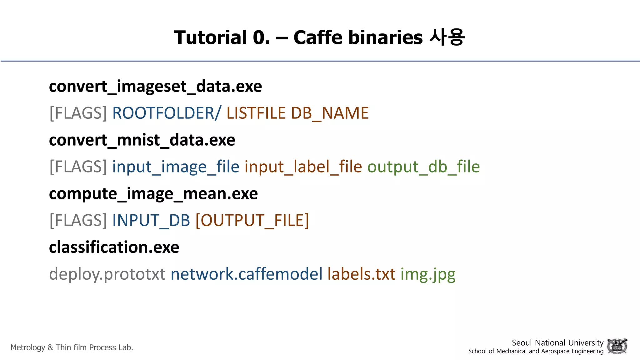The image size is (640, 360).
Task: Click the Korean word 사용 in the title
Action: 447,37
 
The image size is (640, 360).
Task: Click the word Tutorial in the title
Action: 210,37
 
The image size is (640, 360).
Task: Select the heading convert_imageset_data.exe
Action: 155,86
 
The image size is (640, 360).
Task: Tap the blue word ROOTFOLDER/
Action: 166,113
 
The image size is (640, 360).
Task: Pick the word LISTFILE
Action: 256,113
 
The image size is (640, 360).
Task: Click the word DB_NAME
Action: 330,113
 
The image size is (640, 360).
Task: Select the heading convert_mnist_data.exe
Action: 142,140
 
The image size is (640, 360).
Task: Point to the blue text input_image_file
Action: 176,167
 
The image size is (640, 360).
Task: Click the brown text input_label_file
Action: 303,167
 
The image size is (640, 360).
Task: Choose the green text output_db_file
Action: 423,167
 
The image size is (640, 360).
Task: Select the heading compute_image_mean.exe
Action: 153,194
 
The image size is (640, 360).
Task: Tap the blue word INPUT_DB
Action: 151,220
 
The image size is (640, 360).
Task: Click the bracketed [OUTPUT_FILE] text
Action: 252,220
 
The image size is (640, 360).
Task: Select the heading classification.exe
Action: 114,247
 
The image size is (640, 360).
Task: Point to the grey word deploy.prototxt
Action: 107,274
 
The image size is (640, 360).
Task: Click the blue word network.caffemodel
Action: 246,274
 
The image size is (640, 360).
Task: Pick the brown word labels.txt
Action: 361,274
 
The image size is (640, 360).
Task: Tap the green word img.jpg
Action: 428,274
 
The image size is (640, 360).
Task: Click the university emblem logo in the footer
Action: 617,346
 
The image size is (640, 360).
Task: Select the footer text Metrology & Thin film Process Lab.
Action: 72,347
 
